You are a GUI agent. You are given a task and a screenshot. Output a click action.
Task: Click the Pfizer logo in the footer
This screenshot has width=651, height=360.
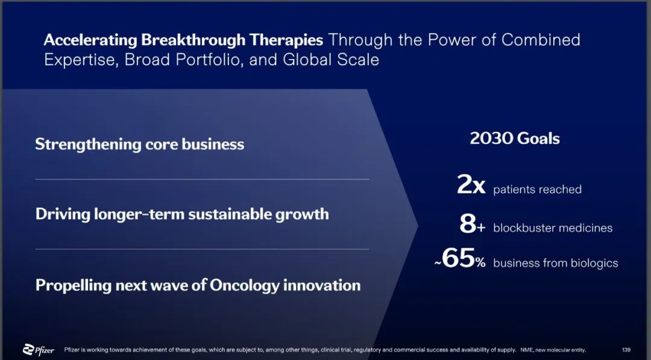pos(39,350)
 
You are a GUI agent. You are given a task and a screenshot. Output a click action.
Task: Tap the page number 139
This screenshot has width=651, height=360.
pos(626,350)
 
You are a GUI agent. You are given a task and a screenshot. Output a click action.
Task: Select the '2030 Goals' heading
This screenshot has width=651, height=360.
pos(515,138)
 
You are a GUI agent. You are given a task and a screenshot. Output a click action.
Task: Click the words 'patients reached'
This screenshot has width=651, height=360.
pos(537,190)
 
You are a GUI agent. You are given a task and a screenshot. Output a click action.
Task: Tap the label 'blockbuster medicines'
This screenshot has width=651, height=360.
pos(553,228)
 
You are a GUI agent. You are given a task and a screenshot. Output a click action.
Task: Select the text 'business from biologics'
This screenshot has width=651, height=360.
pos(556,264)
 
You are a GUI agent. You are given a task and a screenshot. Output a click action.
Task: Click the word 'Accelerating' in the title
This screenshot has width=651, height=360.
pos(90,40)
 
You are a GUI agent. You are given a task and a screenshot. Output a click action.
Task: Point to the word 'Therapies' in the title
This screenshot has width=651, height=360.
pos(286,40)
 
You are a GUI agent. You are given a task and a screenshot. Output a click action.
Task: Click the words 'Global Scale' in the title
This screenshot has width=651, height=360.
pos(331,60)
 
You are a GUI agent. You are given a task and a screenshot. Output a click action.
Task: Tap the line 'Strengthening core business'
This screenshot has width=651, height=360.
pos(139,145)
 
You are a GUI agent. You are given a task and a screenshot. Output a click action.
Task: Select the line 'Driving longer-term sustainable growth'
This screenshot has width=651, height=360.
pos(182,214)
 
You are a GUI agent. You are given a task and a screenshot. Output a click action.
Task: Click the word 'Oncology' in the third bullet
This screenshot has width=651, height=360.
pos(244,286)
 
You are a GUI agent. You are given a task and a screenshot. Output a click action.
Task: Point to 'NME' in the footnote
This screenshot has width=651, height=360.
pos(526,350)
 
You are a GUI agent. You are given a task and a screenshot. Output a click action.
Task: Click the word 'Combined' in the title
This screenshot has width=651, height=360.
pos(541,40)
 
